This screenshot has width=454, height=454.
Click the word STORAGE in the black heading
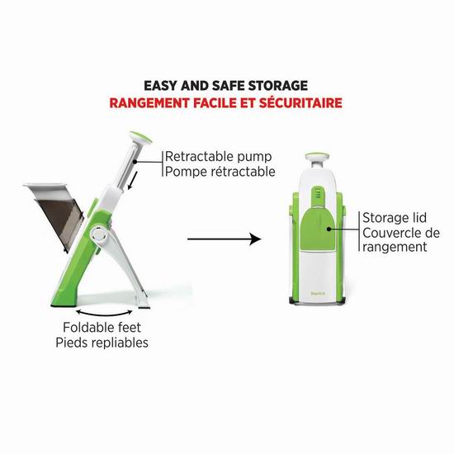278,86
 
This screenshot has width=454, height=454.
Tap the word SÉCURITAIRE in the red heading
300,103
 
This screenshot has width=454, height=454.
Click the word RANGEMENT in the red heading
149,103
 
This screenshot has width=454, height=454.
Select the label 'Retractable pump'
218,157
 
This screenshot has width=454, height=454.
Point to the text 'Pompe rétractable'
220,172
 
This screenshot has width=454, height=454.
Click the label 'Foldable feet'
102,328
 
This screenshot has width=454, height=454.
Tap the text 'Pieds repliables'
102,343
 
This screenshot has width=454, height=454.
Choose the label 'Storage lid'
395,218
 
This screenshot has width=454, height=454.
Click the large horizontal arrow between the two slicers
225,239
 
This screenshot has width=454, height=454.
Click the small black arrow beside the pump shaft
131,181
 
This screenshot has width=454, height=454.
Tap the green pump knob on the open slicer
140,137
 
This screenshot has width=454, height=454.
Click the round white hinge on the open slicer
99,234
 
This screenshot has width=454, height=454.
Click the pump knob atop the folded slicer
317,158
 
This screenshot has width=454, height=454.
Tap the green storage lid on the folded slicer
318,229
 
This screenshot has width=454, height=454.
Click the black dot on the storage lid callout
329,229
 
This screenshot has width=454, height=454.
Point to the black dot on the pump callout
135,162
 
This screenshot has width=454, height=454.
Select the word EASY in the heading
160,86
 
